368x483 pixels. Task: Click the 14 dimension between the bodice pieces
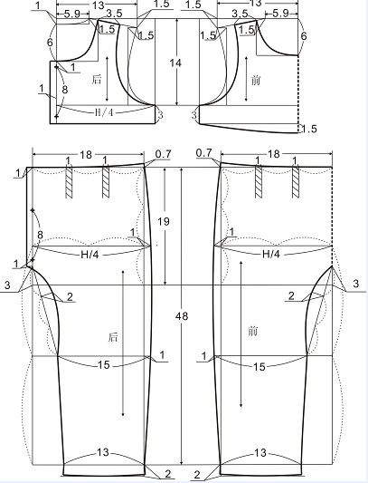click(x=175, y=63)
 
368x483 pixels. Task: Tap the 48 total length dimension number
click(x=182, y=316)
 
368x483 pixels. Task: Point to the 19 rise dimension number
click(x=164, y=221)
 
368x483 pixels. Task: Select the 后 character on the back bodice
click(x=96, y=80)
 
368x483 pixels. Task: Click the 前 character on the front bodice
click(x=256, y=81)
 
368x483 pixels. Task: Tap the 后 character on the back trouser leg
click(x=113, y=337)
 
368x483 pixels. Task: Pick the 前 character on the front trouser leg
click(x=252, y=332)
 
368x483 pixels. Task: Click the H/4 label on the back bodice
click(x=104, y=112)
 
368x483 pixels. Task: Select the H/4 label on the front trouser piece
click(x=271, y=254)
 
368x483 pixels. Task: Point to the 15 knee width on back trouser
click(x=104, y=365)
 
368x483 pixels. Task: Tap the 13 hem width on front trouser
click(x=260, y=453)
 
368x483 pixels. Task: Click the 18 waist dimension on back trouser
click(x=86, y=155)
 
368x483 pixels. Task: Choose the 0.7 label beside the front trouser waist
click(x=203, y=153)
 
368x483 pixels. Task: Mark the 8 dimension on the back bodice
click(x=64, y=90)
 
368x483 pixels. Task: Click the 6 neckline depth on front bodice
click(x=304, y=36)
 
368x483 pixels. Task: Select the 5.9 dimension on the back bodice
click(x=72, y=14)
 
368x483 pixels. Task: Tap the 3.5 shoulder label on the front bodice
click(x=241, y=14)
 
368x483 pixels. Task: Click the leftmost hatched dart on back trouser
click(x=69, y=182)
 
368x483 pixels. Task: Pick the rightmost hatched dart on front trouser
click(x=296, y=182)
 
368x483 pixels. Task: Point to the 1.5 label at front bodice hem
click(x=308, y=129)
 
